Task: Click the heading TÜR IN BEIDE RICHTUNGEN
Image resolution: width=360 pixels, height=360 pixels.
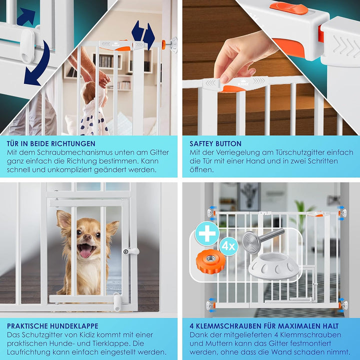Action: (51, 143)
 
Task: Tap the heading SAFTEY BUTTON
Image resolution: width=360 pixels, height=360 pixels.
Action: (215, 143)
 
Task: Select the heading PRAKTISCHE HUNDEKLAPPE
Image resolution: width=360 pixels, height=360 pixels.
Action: (52, 326)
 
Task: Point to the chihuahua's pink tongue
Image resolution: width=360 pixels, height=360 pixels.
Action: (85, 253)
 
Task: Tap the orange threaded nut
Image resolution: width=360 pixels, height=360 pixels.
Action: (210, 261)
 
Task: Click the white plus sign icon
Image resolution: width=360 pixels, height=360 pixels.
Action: (207, 233)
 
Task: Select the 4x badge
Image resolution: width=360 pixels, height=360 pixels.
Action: (228, 247)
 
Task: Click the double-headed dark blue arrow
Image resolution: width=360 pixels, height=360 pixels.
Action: (143, 34)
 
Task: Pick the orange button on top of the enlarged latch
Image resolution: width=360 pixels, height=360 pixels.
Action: (288, 8)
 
